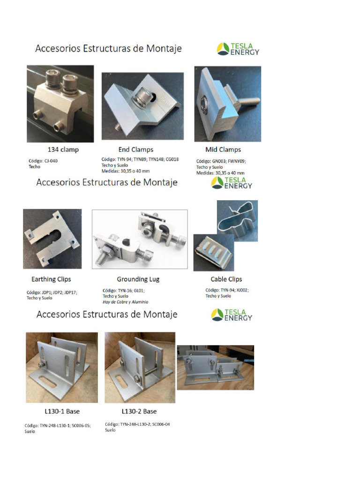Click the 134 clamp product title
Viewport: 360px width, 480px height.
click(x=63, y=150)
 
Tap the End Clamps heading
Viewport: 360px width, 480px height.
click(x=135, y=150)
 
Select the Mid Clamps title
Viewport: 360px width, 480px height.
click(x=223, y=150)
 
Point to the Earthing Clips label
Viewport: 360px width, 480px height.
click(x=51, y=279)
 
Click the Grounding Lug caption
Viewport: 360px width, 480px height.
click(x=138, y=279)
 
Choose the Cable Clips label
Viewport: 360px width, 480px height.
click(x=226, y=279)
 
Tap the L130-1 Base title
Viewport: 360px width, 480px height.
click(x=62, y=412)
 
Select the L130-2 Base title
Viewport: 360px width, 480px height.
click(x=139, y=412)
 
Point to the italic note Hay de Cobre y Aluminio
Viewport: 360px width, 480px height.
click(x=126, y=302)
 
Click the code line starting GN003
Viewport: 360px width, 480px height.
click(x=221, y=161)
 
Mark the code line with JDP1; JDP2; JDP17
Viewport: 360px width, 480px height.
click(x=52, y=292)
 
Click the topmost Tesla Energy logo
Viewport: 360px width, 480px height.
click(x=238, y=49)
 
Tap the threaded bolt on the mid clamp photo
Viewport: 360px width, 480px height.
click(x=247, y=101)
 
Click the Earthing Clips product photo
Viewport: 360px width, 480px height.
click(x=52, y=239)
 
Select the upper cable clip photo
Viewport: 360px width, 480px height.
click(x=237, y=221)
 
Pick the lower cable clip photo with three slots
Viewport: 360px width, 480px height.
click(x=214, y=253)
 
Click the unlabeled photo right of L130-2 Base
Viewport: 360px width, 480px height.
click(x=216, y=367)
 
